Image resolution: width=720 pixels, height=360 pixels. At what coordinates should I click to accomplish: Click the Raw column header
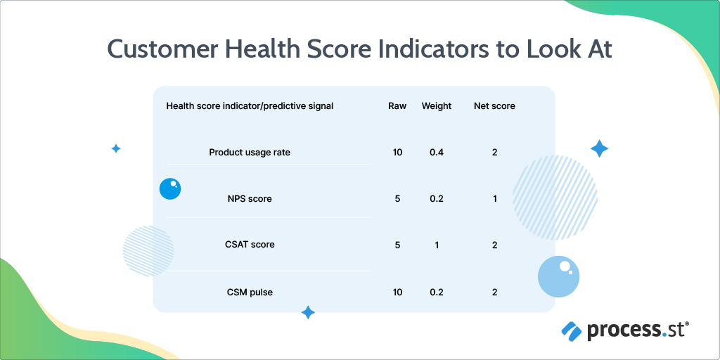pyautogui.click(x=397, y=106)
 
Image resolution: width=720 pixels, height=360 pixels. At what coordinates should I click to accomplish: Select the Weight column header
pyautogui.click(x=437, y=106)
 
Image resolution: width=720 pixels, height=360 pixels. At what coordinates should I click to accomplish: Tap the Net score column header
pyautogui.click(x=494, y=106)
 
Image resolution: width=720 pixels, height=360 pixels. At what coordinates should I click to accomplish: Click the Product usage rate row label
pyautogui.click(x=250, y=153)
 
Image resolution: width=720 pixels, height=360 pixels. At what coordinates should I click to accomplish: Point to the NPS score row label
pyautogui.click(x=250, y=199)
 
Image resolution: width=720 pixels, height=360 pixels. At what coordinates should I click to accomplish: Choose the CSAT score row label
pyautogui.click(x=250, y=245)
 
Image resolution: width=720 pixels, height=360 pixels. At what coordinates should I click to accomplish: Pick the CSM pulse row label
pyautogui.click(x=250, y=292)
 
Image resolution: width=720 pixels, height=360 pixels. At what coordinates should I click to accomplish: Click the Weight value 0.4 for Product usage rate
pyautogui.click(x=437, y=153)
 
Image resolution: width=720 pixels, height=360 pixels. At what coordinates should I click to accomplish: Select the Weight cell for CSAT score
pyautogui.click(x=437, y=245)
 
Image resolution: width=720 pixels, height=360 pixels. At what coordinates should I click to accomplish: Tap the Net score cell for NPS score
pyautogui.click(x=495, y=199)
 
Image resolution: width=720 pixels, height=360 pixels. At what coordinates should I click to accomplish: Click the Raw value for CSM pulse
pyautogui.click(x=397, y=292)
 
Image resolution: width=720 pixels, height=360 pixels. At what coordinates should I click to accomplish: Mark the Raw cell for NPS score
pyautogui.click(x=397, y=199)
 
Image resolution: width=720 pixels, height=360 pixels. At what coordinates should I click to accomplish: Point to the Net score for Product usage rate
pyautogui.click(x=495, y=153)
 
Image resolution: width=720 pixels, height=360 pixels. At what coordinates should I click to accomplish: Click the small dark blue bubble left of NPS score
pyautogui.click(x=170, y=188)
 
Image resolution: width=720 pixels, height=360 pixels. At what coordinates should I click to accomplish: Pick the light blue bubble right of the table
pyautogui.click(x=559, y=276)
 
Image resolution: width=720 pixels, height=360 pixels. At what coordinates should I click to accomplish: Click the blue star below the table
pyautogui.click(x=307, y=312)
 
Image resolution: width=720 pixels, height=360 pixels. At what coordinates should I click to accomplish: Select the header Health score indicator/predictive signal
pyautogui.click(x=250, y=106)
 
